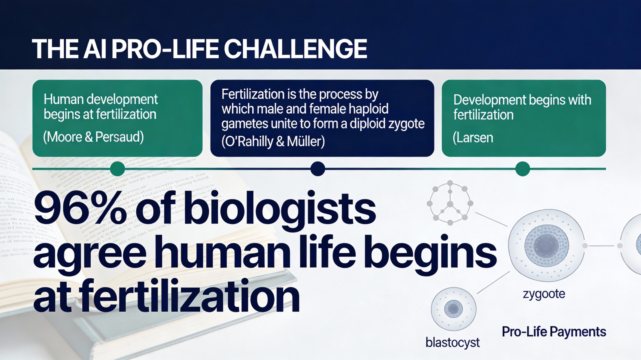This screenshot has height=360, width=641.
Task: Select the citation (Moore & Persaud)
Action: coord(93,137)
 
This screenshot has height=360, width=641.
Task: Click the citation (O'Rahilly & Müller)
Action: coord(273,141)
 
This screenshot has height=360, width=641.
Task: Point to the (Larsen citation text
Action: coord(473,138)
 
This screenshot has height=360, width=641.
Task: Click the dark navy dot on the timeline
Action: coord(317,169)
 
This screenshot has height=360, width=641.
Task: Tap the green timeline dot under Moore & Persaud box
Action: coord(117,169)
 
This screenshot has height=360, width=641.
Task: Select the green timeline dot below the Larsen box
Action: coord(523,169)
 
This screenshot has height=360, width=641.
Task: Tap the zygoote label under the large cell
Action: coord(544,294)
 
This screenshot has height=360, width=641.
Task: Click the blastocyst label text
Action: coord(452,342)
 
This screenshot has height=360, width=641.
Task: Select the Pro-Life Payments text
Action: coord(554,331)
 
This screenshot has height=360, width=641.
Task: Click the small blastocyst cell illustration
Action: coord(453,309)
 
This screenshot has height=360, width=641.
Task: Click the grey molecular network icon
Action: coord(450,203)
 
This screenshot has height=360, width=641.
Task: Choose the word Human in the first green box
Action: coord(62,99)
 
